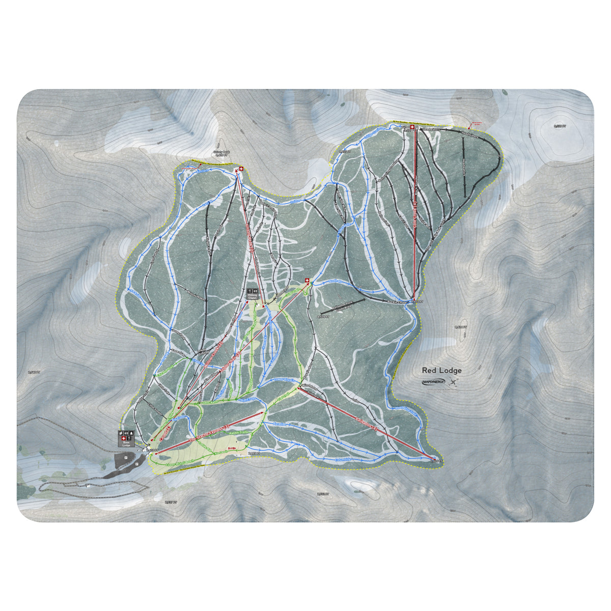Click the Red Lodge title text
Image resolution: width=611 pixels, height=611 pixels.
click(441, 371)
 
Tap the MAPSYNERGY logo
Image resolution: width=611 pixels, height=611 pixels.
click(433, 382)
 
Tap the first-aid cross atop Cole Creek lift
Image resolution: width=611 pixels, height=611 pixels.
click(412, 127)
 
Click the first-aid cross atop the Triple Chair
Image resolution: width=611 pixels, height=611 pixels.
click(307, 280)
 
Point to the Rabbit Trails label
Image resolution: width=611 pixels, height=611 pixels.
click(237, 432)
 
